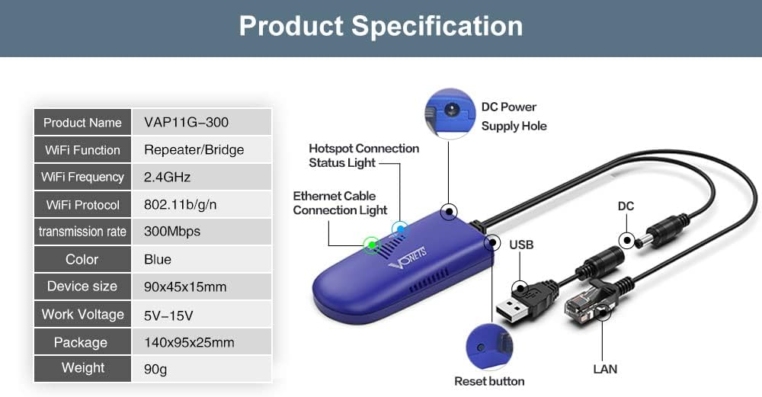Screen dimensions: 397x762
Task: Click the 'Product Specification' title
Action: (381, 26)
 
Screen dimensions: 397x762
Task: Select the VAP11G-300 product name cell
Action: (186, 122)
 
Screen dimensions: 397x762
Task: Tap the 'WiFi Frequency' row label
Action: (82, 177)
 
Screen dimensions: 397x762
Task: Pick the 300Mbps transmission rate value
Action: (172, 231)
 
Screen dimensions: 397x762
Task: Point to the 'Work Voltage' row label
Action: (82, 314)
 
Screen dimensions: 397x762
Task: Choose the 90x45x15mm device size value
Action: (184, 287)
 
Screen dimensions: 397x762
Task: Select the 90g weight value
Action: (155, 369)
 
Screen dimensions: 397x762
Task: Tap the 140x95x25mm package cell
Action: (189, 342)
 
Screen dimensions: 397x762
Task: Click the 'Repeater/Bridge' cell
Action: (194, 149)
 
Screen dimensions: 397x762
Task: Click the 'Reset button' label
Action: (489, 381)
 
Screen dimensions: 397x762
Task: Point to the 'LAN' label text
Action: (605, 369)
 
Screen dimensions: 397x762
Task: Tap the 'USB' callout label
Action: (521, 245)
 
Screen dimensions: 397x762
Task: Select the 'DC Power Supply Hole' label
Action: (514, 116)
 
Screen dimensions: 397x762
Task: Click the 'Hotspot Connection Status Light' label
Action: (363, 155)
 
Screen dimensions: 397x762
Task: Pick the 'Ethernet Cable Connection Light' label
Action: (340, 203)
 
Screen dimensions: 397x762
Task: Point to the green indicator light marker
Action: (372, 245)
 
